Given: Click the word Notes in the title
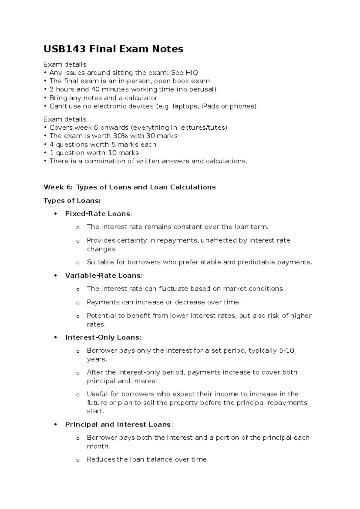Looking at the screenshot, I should click(x=168, y=49).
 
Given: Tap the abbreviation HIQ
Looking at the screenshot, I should click(x=192, y=73).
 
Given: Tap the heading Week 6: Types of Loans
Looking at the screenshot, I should click(x=130, y=187).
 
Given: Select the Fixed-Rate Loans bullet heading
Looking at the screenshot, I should click(x=98, y=214).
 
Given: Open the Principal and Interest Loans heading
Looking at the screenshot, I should click(x=118, y=424).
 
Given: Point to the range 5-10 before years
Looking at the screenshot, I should click(x=286, y=351).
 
